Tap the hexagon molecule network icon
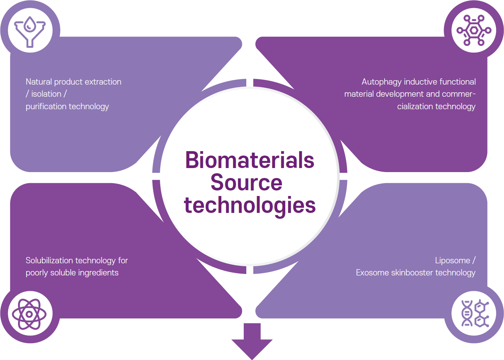click(473, 30)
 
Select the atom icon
click(29, 314)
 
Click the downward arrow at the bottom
click(252, 340)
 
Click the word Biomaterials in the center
click(250, 160)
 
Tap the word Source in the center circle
click(246, 183)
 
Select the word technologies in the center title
click(250, 205)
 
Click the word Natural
click(39, 82)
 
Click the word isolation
click(46, 94)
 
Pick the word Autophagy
click(381, 82)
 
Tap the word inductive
click(420, 82)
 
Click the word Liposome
click(452, 261)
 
